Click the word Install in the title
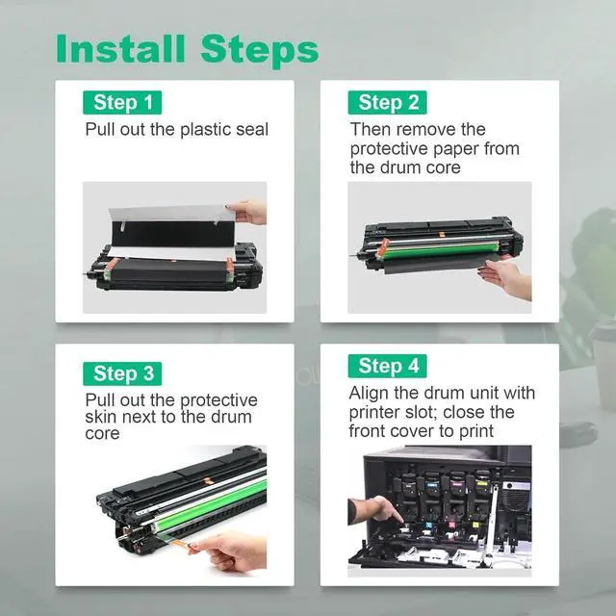pyautogui.click(x=120, y=49)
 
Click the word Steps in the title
pyautogui.click(x=260, y=51)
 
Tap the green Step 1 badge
pyautogui.click(x=122, y=103)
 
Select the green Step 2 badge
pyautogui.click(x=387, y=103)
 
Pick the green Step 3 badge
pyautogui.click(x=122, y=373)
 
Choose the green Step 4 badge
pyautogui.click(x=387, y=366)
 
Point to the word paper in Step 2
pyautogui.click(x=455, y=149)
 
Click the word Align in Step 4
pyautogui.click(x=369, y=394)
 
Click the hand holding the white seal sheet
pyautogui.click(x=247, y=212)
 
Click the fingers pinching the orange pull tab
pyautogui.click(x=231, y=550)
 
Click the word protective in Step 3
pyautogui.click(x=218, y=401)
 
